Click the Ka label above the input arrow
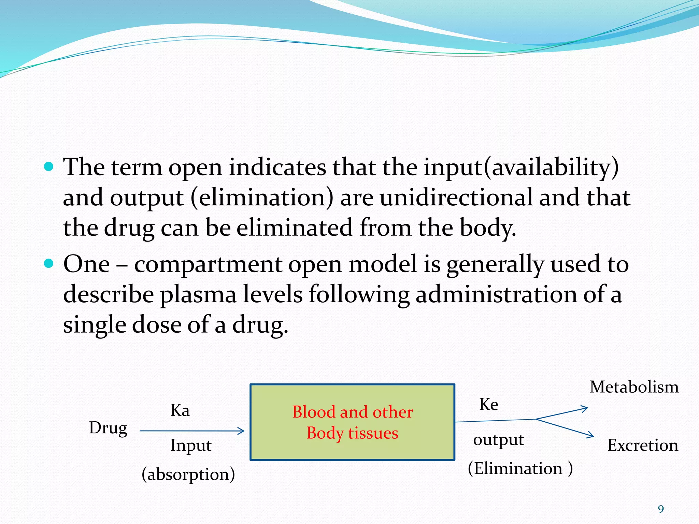(180, 410)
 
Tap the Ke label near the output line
(488, 404)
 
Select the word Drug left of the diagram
(108, 428)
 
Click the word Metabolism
(634, 387)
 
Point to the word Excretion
(642, 445)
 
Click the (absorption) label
(188, 474)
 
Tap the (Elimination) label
(520, 468)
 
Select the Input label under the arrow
(191, 446)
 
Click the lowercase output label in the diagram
(498, 440)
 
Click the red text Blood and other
(352, 412)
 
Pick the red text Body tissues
(352, 433)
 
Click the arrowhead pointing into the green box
(242, 431)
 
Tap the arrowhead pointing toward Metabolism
(585, 408)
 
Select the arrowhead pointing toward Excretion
(590, 435)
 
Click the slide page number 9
(661, 509)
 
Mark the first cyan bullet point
(49, 166)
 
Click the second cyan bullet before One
(49, 263)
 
